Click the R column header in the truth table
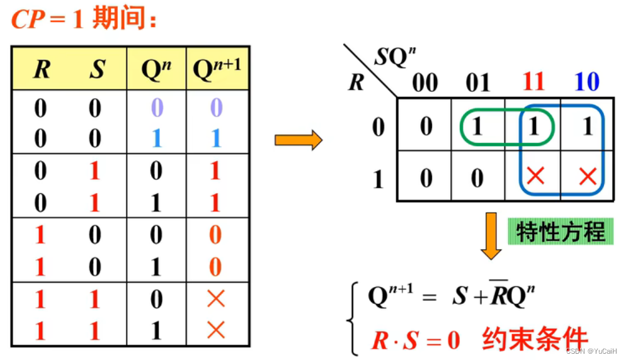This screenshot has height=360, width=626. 42,69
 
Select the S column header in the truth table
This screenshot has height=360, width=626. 96,69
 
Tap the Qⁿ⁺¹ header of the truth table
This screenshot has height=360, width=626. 217,69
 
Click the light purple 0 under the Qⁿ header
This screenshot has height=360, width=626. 157,108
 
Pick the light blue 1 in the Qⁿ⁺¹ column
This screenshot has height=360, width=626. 216,138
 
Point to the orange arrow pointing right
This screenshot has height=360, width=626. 298,140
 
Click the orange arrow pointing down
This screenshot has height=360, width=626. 491,235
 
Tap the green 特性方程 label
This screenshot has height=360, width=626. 560,232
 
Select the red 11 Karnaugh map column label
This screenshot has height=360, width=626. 533,82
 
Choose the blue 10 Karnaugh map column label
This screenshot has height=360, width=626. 586,82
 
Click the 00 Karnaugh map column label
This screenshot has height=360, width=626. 426,82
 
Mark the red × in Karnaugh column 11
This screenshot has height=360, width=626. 535,177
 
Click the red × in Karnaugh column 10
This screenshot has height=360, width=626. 588,177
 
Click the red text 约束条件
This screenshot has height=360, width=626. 535,339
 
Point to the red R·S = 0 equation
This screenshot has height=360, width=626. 416,340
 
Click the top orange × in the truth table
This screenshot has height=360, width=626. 216,298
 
